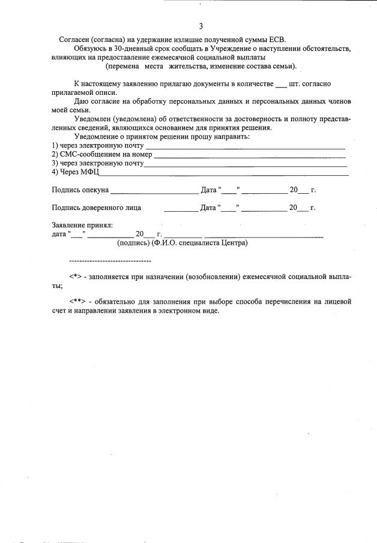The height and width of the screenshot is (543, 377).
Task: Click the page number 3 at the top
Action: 201,26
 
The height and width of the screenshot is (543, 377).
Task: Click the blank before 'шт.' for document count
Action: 280,84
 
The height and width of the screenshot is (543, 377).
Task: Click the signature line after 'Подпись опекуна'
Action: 154,191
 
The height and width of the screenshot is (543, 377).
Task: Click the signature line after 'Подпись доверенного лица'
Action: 180,208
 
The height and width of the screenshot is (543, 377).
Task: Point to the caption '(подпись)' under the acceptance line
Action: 133,243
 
